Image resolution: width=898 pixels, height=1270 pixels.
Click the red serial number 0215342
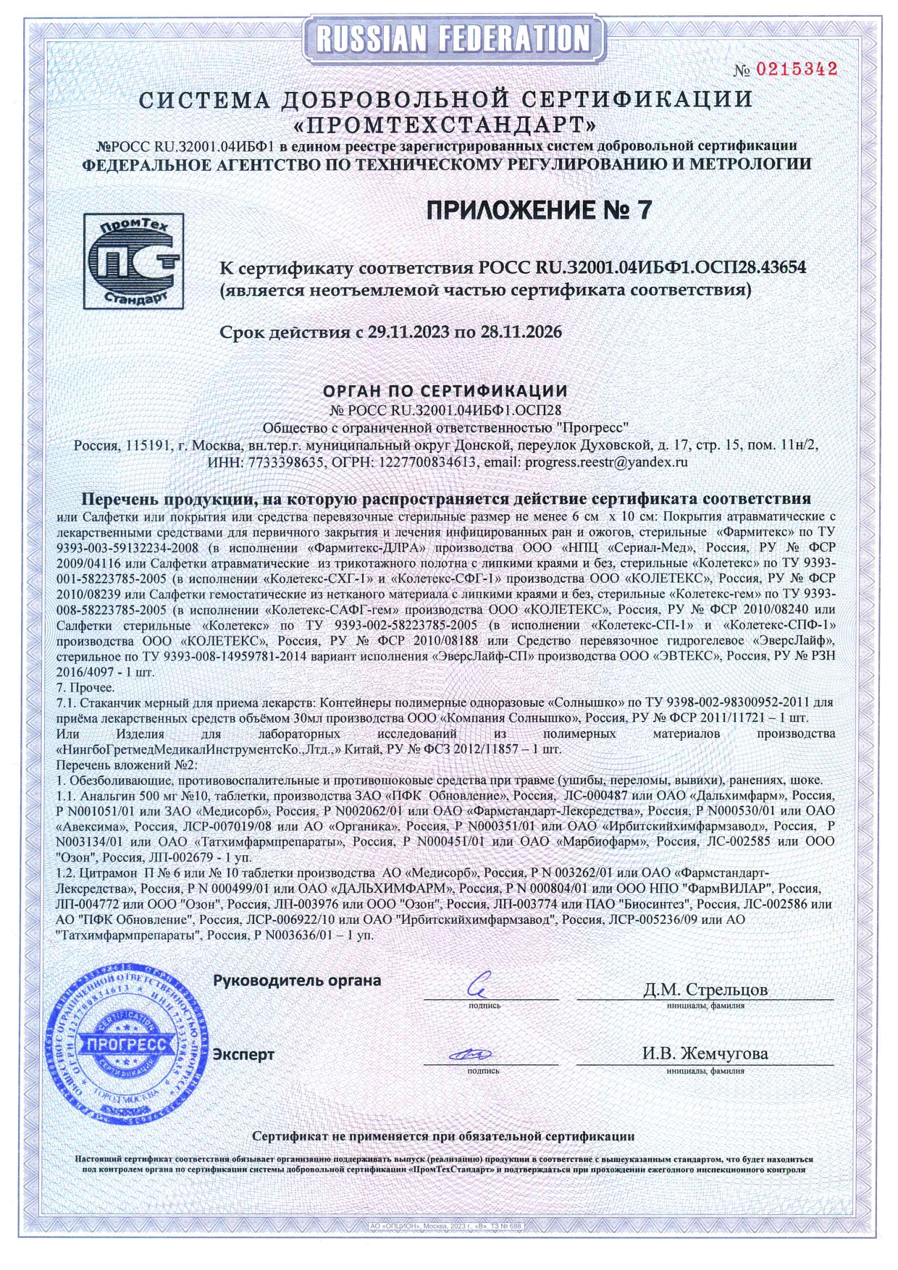click(x=797, y=70)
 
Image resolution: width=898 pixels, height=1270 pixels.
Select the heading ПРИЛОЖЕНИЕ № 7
click(x=539, y=210)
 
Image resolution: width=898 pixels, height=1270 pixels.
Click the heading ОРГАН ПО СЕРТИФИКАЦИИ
click(x=445, y=392)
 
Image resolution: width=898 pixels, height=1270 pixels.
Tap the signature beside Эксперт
click(x=471, y=1054)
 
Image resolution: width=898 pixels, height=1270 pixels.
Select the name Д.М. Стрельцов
click(x=705, y=989)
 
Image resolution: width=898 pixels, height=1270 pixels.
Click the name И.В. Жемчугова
click(x=705, y=1054)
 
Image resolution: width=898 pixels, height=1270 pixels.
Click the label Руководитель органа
click(x=297, y=980)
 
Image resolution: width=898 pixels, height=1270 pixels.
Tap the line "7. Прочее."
click(x=85, y=687)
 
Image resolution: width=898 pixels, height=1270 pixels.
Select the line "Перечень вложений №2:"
click(x=127, y=765)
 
